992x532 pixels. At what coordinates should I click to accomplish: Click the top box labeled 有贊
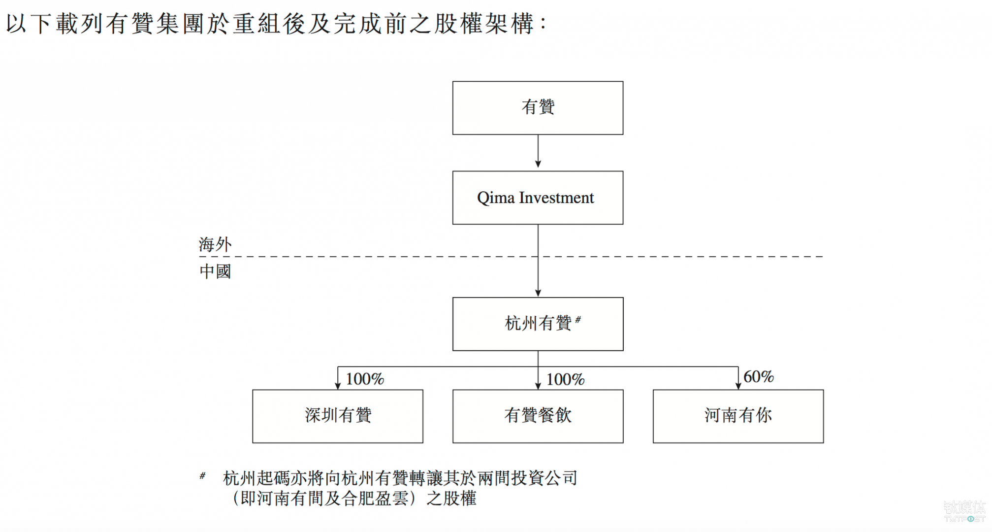pos(538,108)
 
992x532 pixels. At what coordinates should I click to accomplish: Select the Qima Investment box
pos(538,198)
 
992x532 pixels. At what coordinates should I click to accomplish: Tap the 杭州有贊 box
pos(538,324)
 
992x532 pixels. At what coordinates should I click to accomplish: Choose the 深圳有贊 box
pos(338,416)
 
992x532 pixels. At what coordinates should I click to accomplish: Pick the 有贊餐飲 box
pos(538,416)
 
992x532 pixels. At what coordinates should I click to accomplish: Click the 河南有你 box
pos(738,416)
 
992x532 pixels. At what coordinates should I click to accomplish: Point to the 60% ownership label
pos(758,377)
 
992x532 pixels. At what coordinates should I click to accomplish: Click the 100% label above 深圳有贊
pos(364,379)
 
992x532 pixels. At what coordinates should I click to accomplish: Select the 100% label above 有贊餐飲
pos(565,379)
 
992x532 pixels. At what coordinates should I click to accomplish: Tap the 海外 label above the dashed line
pos(215,244)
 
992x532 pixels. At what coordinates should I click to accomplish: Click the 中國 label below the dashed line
pos(215,271)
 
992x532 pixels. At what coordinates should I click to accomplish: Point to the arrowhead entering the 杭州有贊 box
pos(538,293)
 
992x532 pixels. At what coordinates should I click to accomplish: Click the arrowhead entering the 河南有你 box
pos(738,386)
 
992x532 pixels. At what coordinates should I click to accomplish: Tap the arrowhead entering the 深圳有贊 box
pos(338,386)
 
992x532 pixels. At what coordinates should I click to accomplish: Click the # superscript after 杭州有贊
pos(578,320)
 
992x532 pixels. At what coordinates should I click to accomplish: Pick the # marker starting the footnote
pos(202,475)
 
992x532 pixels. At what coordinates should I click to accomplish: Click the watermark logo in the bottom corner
pos(964,511)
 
